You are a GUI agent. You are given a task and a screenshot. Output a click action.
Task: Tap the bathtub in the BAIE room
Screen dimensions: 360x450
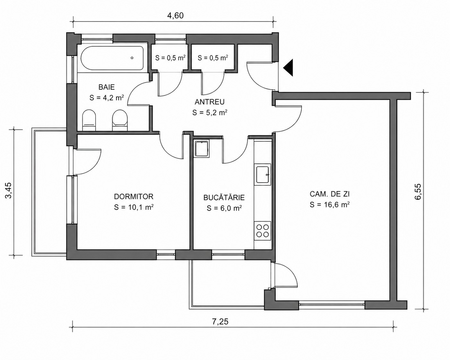point(112,58)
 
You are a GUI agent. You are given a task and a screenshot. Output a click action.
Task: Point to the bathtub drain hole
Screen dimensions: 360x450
point(132,58)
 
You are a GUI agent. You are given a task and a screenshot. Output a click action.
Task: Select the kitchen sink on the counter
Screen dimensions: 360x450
point(263,174)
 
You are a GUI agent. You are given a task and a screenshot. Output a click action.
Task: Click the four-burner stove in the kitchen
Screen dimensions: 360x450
point(263,231)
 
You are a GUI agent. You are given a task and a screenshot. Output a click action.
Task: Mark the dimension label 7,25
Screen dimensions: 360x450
point(220,321)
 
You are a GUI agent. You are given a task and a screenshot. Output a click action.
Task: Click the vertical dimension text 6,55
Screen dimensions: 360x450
point(418,192)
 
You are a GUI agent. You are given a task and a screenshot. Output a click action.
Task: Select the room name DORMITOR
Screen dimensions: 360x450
point(134,196)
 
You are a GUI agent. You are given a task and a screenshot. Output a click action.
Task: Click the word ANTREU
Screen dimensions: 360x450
point(210,102)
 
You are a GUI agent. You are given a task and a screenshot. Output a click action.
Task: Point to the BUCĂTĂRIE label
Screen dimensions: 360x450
point(224,197)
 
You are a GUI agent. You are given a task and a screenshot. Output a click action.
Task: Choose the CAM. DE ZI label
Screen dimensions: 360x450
point(330,194)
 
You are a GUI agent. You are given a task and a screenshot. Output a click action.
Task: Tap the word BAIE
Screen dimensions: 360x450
point(107,87)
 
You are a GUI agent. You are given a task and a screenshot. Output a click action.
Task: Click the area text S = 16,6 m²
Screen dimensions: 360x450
point(330,205)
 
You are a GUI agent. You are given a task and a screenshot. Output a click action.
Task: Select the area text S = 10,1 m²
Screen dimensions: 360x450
point(134,207)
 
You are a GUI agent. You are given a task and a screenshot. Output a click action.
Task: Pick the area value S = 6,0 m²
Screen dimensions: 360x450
point(224,208)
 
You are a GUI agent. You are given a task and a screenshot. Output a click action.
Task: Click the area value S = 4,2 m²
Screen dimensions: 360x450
point(107,98)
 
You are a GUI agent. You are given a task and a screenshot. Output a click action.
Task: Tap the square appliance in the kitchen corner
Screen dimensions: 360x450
point(202,149)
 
